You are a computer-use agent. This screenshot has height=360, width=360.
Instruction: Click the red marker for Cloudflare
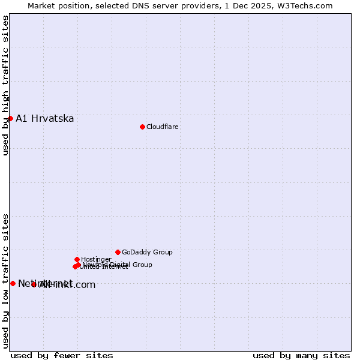[142, 127]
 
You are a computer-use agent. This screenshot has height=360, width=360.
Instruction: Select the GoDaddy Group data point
[118, 252]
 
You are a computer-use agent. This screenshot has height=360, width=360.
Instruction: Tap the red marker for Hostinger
[77, 259]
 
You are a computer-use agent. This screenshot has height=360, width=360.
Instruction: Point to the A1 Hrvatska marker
[10, 118]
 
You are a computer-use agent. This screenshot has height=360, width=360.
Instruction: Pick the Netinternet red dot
[13, 283]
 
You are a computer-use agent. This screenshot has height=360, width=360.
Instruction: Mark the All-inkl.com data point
[34, 284]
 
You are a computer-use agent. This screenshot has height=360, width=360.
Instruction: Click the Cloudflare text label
[163, 127]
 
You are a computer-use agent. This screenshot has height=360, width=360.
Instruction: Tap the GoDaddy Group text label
[147, 252]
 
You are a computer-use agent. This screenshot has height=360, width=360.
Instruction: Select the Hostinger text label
[96, 259]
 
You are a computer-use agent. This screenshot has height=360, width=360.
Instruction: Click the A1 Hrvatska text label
[45, 118]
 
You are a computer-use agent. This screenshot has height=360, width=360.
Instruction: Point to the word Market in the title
[42, 5]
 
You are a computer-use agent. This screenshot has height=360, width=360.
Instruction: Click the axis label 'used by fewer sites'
[62, 355]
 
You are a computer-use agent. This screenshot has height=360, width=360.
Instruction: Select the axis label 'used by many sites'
[301, 355]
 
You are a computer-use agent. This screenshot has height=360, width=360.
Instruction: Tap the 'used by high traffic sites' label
[5, 85]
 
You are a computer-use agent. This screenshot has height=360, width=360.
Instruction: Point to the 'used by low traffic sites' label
[5, 280]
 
